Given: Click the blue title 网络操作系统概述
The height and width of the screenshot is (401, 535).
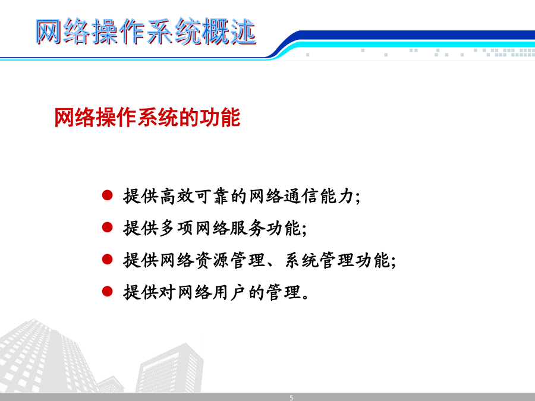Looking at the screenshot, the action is [x=146, y=31].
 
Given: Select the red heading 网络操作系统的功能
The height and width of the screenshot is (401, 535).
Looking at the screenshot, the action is [x=147, y=118].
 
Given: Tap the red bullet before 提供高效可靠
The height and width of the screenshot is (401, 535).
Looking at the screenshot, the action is [x=107, y=195].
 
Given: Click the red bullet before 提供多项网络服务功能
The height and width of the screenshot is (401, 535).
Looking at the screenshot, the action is [x=107, y=228].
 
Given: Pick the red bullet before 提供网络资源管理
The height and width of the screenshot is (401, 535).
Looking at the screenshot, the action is [x=107, y=260].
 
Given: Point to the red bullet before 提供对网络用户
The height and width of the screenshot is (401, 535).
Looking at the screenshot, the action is [x=107, y=292].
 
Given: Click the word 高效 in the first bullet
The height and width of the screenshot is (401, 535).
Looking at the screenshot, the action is [x=177, y=196].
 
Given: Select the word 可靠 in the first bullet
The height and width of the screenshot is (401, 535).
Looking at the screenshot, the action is [x=212, y=196].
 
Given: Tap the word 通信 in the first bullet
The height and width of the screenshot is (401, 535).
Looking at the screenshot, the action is [x=301, y=196].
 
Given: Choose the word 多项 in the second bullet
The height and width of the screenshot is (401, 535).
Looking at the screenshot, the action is [x=177, y=228].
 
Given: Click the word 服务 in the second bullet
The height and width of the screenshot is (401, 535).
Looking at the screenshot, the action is [x=248, y=228].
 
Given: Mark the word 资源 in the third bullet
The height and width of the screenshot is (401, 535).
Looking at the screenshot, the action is [x=212, y=260].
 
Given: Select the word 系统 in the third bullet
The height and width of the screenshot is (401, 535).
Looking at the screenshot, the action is [x=301, y=260].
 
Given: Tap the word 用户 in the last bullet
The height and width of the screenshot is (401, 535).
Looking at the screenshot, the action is [x=230, y=292].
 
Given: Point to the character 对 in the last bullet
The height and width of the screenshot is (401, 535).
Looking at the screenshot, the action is [x=168, y=292].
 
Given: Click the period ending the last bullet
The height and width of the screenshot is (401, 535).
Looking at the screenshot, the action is [x=306, y=296].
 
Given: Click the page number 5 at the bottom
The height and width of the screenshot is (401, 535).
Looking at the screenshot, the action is [x=291, y=397].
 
